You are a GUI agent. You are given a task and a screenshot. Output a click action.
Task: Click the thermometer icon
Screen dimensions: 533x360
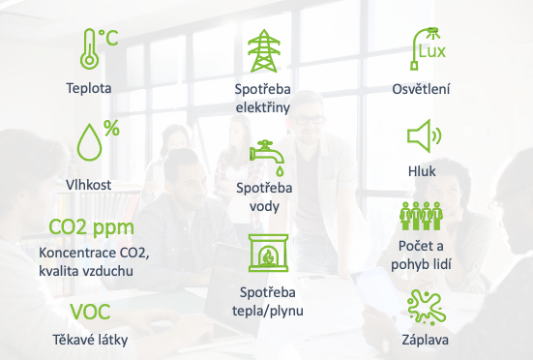89,49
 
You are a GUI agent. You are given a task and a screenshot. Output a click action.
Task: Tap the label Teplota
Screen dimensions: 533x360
89,88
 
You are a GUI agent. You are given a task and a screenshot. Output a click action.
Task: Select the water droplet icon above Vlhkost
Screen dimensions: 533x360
89,141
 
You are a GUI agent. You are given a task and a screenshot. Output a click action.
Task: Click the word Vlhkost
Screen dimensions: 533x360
88,185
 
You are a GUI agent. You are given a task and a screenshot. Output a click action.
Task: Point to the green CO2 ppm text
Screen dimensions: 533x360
92,228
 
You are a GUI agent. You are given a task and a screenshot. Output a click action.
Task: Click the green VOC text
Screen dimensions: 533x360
90,312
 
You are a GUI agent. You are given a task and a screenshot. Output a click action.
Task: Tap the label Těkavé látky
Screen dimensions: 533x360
90,340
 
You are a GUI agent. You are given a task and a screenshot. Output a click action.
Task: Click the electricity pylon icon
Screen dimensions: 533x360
264,50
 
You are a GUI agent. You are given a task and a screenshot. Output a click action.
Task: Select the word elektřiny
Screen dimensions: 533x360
263,108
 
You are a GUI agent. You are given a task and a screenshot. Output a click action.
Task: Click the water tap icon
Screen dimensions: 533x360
267,158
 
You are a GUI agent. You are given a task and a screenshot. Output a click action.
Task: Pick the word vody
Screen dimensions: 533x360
264,207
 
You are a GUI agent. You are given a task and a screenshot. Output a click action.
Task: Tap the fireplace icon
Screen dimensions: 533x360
268,253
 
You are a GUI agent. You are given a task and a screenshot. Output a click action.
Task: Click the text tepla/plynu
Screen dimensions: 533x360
268,311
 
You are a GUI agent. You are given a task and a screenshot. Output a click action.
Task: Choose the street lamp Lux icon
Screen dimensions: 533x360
428,49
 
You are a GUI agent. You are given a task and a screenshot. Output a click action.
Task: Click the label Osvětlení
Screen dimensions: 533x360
421,89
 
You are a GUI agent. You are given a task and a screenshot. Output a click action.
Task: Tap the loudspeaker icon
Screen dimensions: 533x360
424,136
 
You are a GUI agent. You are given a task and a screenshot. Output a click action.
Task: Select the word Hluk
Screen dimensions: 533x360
422,171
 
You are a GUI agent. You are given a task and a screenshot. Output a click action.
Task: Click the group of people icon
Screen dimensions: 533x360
422,216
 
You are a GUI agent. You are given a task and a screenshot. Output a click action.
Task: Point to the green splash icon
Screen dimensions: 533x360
427,308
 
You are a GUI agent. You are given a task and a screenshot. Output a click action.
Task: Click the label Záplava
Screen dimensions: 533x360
426,340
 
